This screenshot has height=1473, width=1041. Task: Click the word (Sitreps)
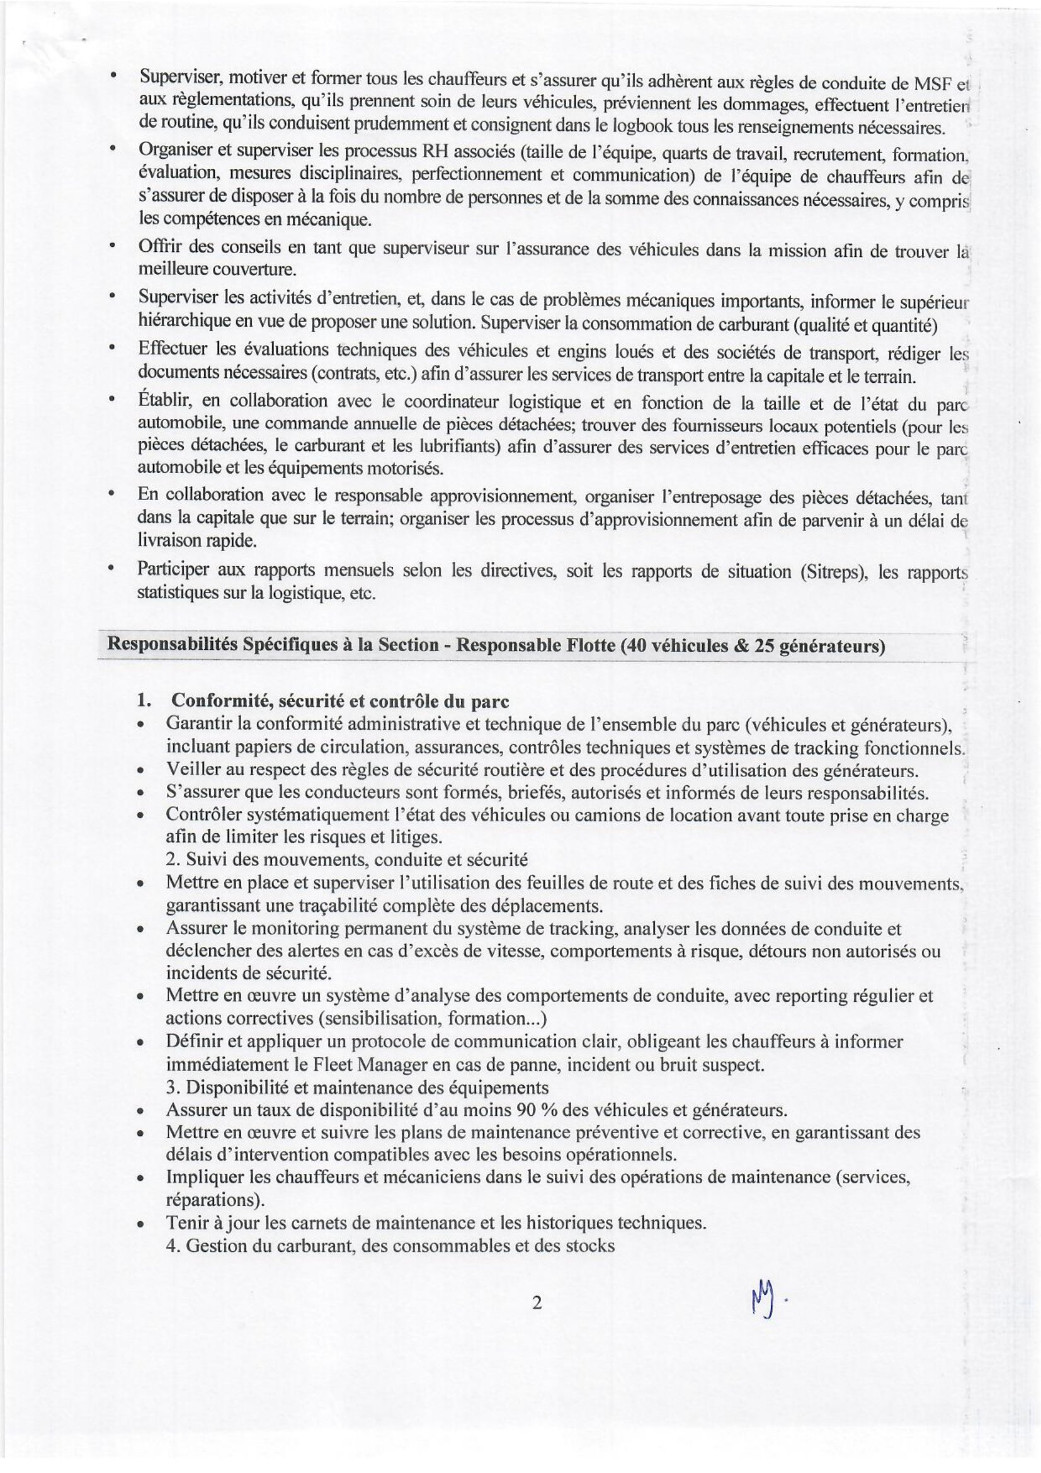(833, 572)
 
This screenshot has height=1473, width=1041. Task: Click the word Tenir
(185, 1222)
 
